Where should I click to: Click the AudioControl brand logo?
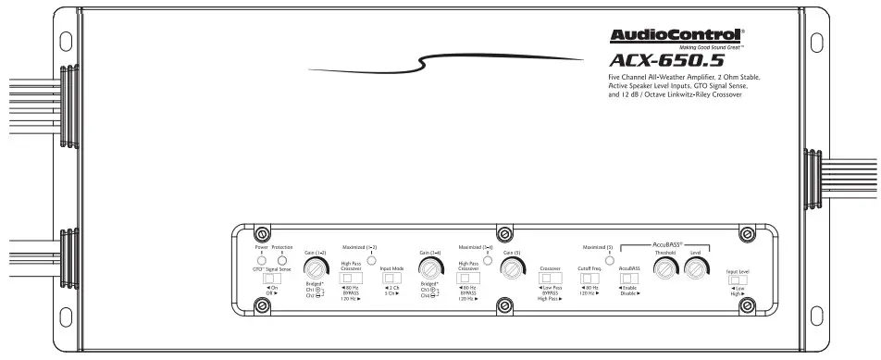click(x=676, y=36)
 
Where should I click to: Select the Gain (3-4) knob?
click(x=428, y=267)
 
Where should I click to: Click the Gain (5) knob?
click(x=511, y=267)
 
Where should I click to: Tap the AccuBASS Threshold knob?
click(x=664, y=268)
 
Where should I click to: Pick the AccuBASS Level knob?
click(x=696, y=268)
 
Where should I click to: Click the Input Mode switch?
click(x=391, y=278)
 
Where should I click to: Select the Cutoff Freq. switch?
click(x=590, y=278)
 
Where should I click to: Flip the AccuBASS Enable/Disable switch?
click(x=629, y=278)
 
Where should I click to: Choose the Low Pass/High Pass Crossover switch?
click(x=551, y=278)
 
